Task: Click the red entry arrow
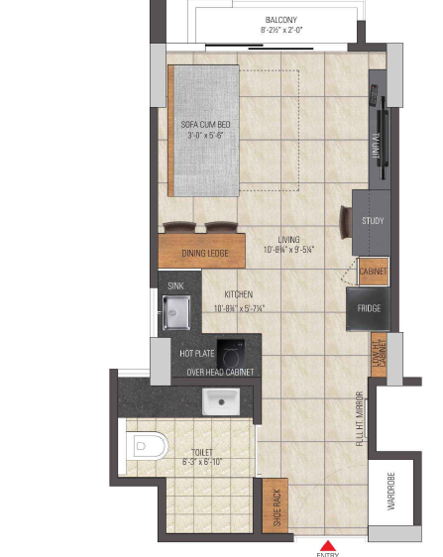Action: point(327,544)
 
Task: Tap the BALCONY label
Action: point(280,20)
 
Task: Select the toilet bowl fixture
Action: point(145,447)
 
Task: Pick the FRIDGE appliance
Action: point(369,308)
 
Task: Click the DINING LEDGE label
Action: point(205,254)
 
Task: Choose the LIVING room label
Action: point(288,240)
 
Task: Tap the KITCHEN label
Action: point(238,294)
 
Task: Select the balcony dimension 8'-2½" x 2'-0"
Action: point(280,31)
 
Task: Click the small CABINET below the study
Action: point(374,271)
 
